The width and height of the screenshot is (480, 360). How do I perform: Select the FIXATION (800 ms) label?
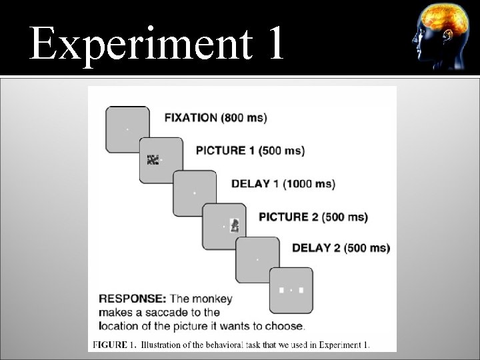(x=215, y=118)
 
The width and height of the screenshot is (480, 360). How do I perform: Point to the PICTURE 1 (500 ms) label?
(x=250, y=151)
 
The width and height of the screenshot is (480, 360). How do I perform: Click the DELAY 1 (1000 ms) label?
(x=283, y=183)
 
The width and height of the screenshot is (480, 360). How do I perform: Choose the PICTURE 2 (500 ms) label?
(x=313, y=217)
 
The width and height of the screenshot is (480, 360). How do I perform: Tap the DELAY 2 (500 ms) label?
(x=341, y=248)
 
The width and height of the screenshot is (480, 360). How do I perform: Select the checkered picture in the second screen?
(x=153, y=159)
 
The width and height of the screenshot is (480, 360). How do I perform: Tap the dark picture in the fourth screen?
(x=234, y=226)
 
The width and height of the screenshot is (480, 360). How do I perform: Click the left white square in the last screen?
(x=282, y=290)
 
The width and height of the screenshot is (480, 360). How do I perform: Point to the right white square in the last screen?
(x=301, y=290)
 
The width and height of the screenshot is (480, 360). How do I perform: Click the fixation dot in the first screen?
(x=127, y=128)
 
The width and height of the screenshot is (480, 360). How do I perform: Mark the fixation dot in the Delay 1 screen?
(x=194, y=193)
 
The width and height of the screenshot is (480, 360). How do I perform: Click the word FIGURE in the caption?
(x=109, y=345)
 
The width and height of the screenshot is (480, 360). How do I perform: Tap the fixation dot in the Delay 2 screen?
(x=258, y=258)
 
